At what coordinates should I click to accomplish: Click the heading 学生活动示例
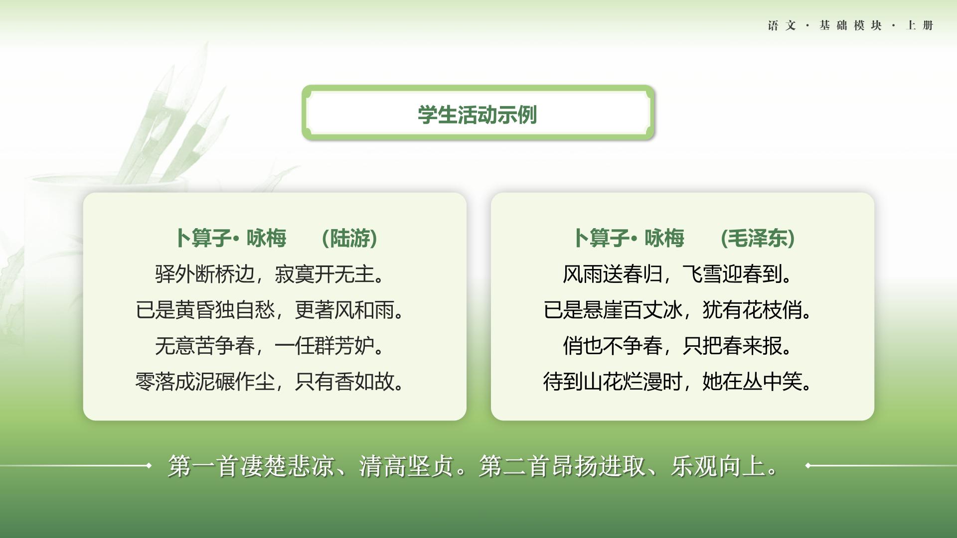477,115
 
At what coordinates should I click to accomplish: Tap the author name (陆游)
349,238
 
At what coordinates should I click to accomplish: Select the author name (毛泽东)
758,238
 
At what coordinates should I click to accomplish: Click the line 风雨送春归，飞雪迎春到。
677,274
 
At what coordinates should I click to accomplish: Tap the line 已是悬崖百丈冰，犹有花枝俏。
677,310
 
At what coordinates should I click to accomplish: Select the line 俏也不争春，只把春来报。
677,346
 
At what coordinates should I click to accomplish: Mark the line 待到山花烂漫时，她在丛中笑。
677,382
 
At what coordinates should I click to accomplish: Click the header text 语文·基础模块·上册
850,25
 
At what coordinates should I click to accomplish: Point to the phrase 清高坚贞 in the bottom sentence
406,466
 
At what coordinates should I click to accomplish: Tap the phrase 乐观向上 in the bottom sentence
718,466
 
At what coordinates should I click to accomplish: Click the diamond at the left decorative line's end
149,466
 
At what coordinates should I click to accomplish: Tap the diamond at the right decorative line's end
808,466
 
